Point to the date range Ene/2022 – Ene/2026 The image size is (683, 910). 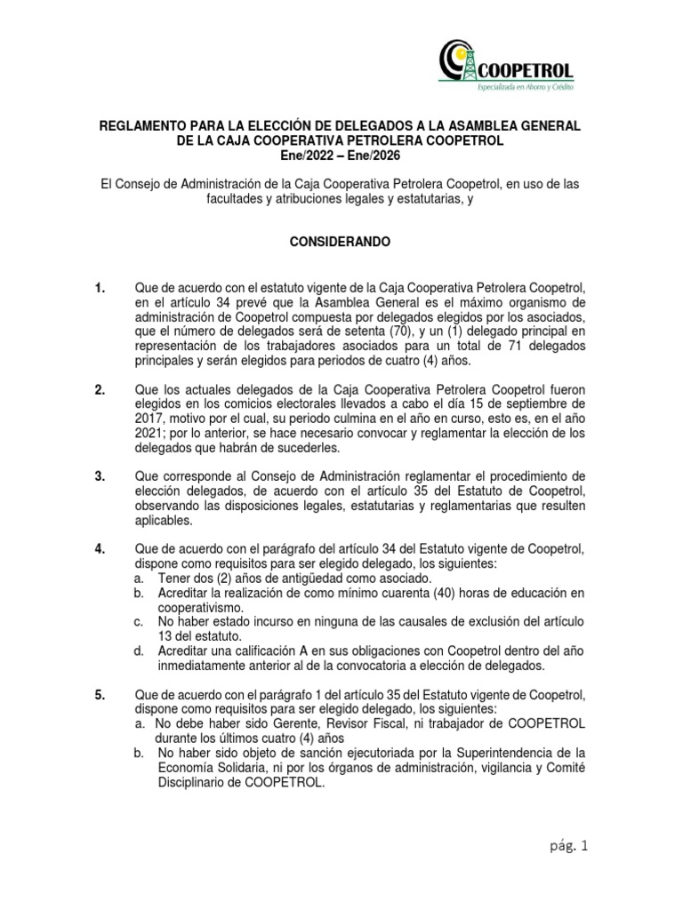pos(341,156)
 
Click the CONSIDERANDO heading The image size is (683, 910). pos(341,241)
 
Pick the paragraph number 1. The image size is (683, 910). pos(100,288)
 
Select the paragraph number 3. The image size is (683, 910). pos(100,476)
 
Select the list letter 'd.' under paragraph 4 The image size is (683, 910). pos(139,651)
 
